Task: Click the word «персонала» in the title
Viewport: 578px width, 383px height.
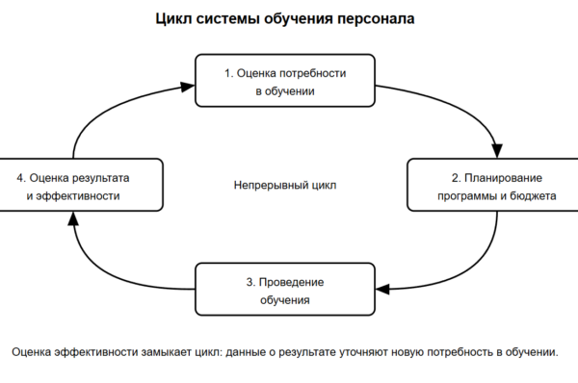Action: point(376,19)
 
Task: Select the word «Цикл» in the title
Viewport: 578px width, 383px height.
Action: point(173,19)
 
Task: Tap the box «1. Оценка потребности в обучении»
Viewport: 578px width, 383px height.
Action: point(285,81)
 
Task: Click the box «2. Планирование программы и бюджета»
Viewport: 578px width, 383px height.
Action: point(493,185)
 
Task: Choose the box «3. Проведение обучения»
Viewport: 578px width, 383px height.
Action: point(285,289)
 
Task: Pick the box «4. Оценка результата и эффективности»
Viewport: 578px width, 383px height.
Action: point(81,185)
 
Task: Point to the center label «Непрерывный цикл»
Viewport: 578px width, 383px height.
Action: point(285,185)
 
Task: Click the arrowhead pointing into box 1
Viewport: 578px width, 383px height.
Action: point(188,87)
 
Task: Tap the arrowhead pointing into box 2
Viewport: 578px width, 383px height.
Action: point(497,151)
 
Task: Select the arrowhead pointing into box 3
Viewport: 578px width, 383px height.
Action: point(382,289)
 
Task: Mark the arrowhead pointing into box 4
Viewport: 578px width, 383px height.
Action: point(74,218)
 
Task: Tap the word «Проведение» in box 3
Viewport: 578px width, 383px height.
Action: point(291,283)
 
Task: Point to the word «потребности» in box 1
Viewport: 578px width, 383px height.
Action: point(313,73)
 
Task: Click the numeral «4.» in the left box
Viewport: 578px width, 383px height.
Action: point(21,178)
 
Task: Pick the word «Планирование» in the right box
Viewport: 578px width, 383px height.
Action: point(503,178)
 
